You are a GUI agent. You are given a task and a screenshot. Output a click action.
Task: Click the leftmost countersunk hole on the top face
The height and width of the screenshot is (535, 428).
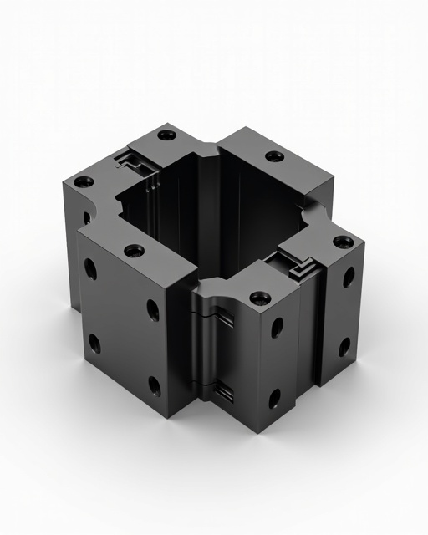tap(82, 181)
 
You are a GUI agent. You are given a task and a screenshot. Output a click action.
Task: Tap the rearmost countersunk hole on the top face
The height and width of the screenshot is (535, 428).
tap(167, 135)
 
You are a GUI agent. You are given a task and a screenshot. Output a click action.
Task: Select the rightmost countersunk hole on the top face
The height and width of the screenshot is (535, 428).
tap(343, 242)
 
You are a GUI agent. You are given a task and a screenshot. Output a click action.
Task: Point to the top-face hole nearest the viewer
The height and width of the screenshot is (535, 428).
tap(260, 297)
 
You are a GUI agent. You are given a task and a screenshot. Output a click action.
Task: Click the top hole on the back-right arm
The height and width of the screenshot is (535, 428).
tap(273, 156)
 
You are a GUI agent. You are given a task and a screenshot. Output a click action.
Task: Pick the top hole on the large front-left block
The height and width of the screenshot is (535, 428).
tap(134, 249)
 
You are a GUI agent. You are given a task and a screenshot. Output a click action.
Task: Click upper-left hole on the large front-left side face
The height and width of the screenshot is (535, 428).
tap(90, 269)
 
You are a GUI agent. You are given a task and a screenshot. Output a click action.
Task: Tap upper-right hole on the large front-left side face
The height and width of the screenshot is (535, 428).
tap(153, 310)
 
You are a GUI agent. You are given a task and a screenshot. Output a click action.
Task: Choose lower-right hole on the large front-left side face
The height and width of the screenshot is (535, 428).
tap(155, 386)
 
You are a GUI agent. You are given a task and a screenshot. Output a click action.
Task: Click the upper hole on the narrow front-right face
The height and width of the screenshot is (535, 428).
tap(276, 328)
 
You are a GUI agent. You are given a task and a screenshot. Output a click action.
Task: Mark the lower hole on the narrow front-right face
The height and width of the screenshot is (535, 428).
tap(274, 398)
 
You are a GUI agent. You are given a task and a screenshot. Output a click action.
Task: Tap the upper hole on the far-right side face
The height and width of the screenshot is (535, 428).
tap(348, 277)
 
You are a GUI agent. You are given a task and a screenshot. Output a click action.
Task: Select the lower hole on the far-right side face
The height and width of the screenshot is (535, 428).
tap(344, 345)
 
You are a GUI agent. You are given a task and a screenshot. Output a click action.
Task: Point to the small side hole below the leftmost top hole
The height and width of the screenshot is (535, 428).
tap(86, 219)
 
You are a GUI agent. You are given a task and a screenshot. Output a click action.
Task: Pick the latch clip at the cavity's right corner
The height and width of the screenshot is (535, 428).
tap(298, 266)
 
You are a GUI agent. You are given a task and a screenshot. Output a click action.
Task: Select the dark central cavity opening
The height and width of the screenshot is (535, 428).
tap(209, 209)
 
